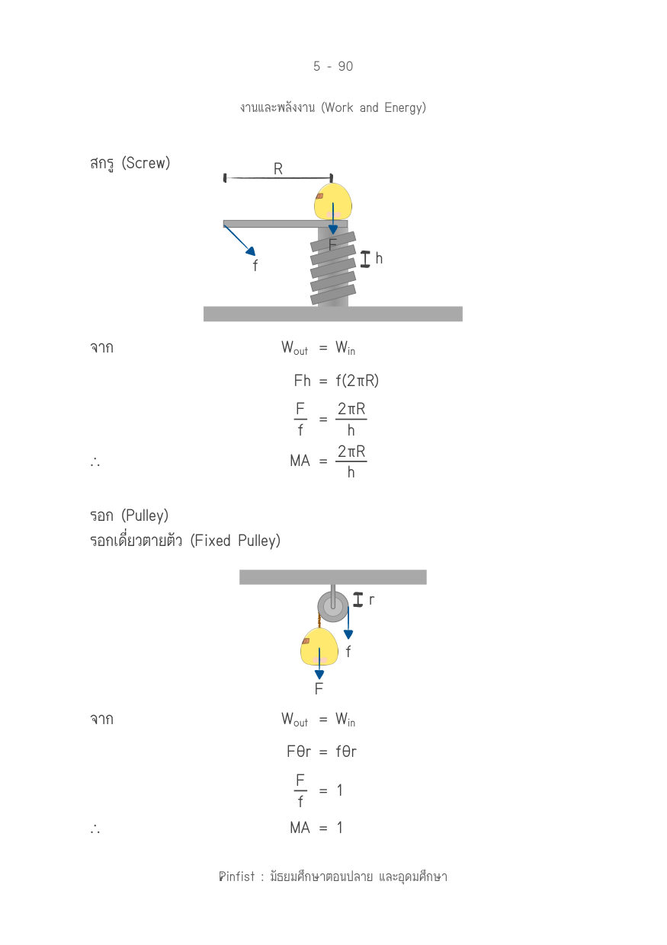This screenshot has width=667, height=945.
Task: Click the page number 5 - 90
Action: click(333, 66)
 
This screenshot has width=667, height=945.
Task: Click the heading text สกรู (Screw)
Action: click(130, 163)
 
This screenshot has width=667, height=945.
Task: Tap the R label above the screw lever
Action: click(278, 169)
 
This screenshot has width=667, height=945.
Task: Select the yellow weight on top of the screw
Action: click(333, 201)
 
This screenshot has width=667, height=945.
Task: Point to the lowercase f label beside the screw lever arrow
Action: click(255, 265)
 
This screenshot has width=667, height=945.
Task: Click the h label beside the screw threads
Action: click(379, 258)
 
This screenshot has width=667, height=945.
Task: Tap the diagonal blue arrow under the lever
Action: click(239, 241)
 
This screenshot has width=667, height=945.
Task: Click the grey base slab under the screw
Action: click(333, 314)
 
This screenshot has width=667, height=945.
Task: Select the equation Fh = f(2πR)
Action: click(336, 381)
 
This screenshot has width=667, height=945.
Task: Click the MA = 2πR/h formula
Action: click(329, 461)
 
